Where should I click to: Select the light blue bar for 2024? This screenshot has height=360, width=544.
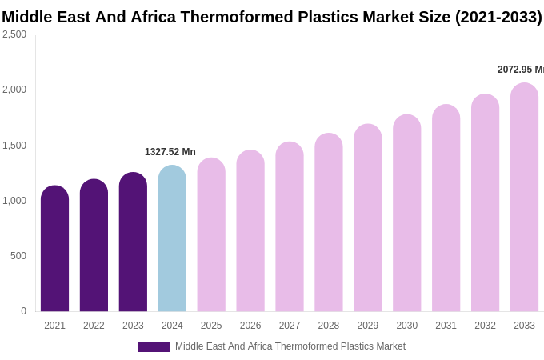[x=172, y=240]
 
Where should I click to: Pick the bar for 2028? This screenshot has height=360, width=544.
[x=329, y=223]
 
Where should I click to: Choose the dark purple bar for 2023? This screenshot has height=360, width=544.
[x=133, y=243]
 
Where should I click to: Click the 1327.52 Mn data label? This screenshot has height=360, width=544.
[x=170, y=152]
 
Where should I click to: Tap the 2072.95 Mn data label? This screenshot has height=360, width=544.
[x=521, y=70]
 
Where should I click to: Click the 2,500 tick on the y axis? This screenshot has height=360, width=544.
[x=14, y=34]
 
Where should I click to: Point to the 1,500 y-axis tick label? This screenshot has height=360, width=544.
[x=14, y=146]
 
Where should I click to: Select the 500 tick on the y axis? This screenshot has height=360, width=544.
[x=18, y=256]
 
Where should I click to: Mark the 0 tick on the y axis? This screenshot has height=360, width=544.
[x=23, y=311]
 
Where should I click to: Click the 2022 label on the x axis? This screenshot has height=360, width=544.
[x=94, y=326]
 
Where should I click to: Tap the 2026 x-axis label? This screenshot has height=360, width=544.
[x=250, y=326]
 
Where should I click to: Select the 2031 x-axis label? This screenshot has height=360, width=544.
[x=446, y=326]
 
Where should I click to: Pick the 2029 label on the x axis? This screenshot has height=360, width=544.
[x=368, y=326]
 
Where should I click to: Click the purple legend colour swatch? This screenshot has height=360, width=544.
[x=154, y=347]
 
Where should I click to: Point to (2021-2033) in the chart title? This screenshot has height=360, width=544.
[x=498, y=17]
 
